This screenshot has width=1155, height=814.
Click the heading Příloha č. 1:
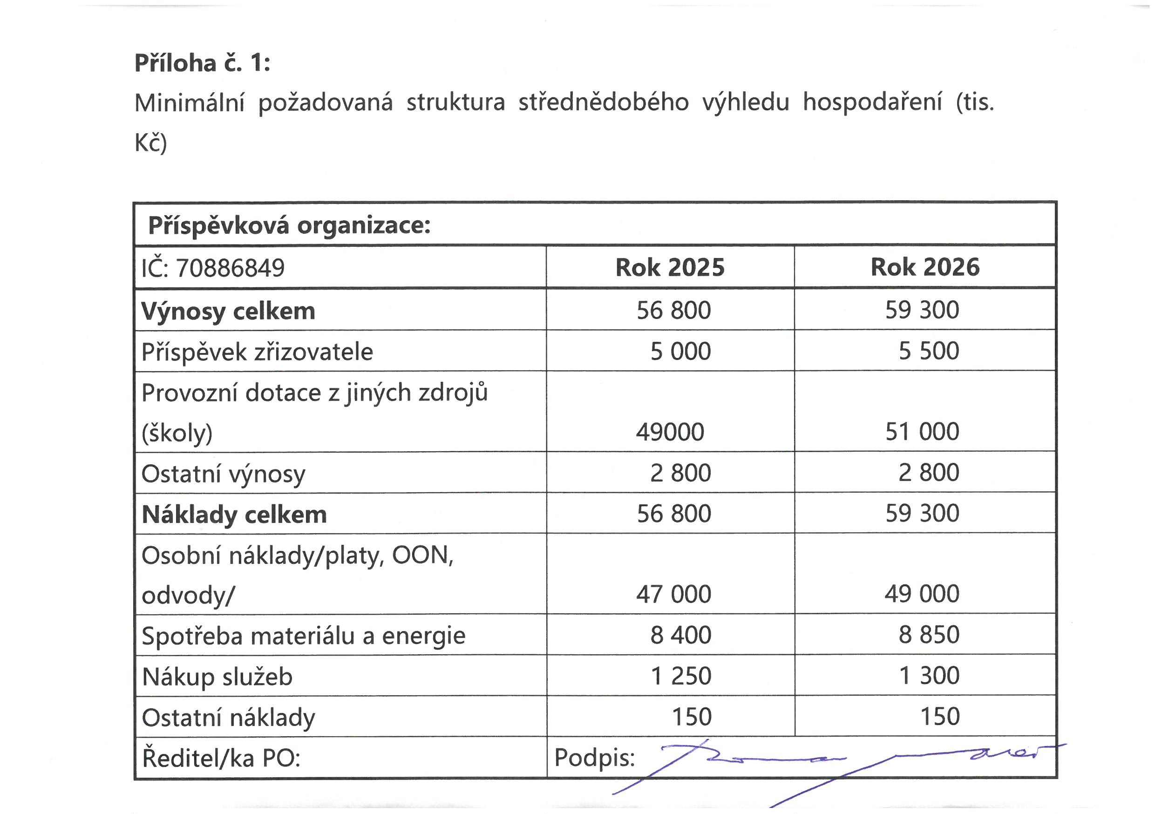click(x=202, y=63)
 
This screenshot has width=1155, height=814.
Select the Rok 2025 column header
click(x=670, y=267)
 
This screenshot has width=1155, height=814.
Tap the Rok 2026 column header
click(x=924, y=267)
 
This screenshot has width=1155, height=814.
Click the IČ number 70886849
click(x=230, y=268)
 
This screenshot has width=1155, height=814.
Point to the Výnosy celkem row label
click(x=228, y=311)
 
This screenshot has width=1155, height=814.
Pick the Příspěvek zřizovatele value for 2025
click(x=680, y=351)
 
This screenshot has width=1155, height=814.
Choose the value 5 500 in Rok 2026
click(x=929, y=351)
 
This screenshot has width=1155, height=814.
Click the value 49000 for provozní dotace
click(x=670, y=432)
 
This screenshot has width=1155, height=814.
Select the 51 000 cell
click(x=922, y=432)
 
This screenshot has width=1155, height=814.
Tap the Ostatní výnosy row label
click(x=223, y=474)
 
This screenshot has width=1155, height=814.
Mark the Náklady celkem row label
click(x=234, y=514)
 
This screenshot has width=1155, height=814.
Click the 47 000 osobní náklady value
click(x=673, y=594)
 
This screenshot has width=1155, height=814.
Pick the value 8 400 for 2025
click(x=680, y=635)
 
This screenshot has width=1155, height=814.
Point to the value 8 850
click(x=929, y=635)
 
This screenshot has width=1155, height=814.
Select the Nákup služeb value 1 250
click(x=680, y=676)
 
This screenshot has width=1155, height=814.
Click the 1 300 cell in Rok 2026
click(x=929, y=676)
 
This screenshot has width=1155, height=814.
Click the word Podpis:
click(x=594, y=758)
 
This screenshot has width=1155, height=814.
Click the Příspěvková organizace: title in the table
click(x=289, y=225)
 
